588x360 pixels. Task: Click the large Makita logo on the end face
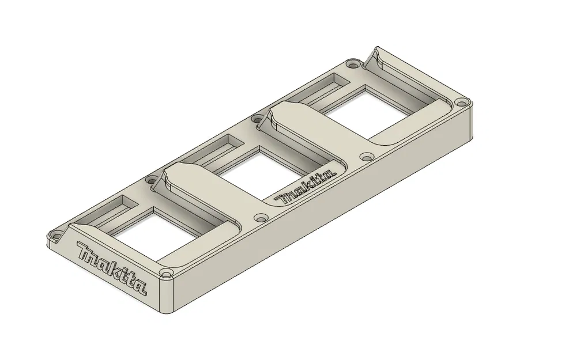pos(111,269)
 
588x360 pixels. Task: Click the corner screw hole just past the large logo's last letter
pos(166,272)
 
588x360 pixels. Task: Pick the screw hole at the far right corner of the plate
pos(460,104)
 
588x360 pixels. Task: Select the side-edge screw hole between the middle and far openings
pos(365,156)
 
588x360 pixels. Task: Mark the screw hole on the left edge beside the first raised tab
pos(152,179)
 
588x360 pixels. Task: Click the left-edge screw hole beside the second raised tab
pos(255,119)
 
